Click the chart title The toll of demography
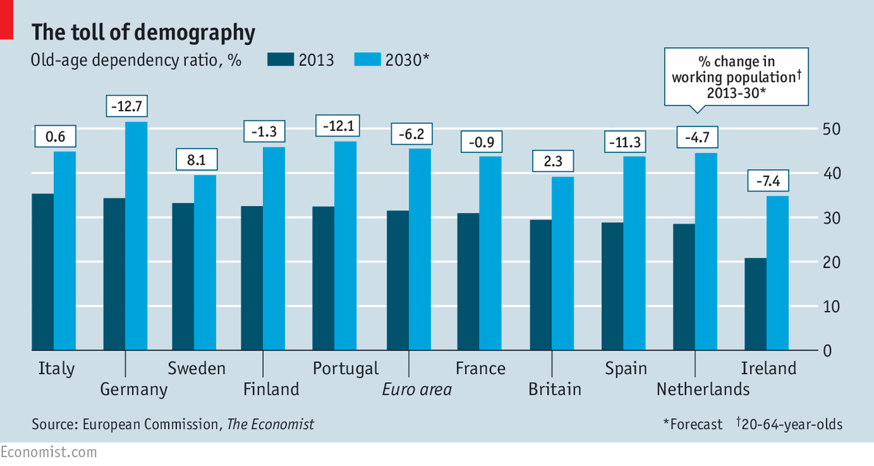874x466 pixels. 143,32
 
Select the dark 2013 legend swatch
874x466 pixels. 279,60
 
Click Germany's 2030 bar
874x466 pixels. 136,235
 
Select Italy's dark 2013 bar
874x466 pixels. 43,271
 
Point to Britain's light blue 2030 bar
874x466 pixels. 563,263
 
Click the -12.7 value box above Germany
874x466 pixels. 126,106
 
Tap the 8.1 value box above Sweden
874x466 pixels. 195,159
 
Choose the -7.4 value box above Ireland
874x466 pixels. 768,180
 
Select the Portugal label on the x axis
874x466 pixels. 345,368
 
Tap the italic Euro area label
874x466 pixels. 416,389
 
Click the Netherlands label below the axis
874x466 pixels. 703,389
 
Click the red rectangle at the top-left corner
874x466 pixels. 6,20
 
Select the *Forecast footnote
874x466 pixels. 693,424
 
